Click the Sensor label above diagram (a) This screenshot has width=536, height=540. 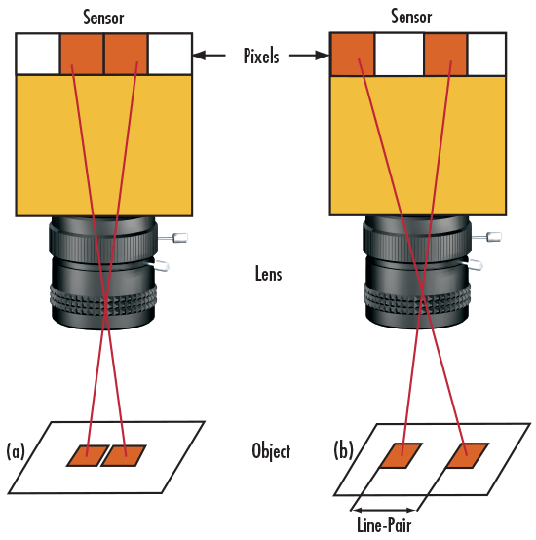pos(103,18)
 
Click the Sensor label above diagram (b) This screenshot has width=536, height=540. pos(411,17)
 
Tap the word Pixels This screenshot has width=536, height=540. pos(261,56)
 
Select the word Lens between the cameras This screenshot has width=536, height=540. pos(269,274)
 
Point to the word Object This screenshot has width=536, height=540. pos(271,451)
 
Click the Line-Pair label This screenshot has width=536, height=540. pos(384,525)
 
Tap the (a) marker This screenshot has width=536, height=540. pos(16,451)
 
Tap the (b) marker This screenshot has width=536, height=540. pos(344,450)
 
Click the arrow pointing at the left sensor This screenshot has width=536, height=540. pos(209,56)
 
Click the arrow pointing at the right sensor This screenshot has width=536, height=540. pos(309,56)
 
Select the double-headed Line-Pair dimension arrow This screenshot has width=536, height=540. pos(384,510)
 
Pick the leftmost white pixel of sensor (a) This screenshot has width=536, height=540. pos(38,54)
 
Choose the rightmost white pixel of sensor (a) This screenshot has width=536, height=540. pos(170,54)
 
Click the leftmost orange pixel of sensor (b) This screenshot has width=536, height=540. pos(353,54)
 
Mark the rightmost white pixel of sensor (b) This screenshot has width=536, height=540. pos(486,54)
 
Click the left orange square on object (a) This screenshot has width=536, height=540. pos(88,455)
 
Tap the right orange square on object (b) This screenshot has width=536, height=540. pos(468,455)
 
